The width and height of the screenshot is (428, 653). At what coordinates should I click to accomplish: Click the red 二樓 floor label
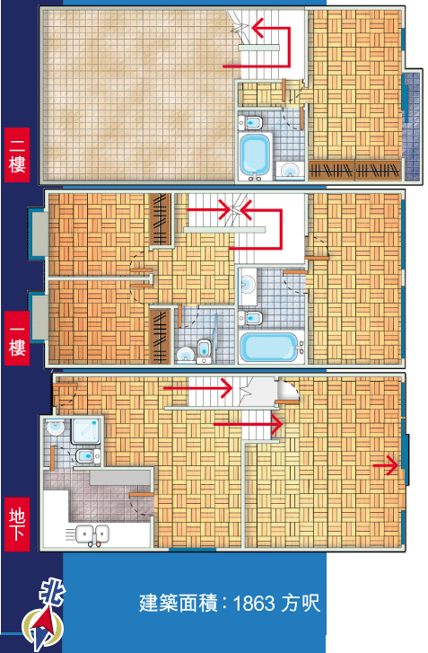tap(17, 154)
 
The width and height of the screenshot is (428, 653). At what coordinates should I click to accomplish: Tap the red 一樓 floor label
tap(17, 338)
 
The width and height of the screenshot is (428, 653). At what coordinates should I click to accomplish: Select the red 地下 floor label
tap(17, 524)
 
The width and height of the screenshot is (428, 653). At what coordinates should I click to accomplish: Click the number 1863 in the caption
tap(254, 603)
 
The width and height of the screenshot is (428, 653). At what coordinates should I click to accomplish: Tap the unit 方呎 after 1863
tap(301, 603)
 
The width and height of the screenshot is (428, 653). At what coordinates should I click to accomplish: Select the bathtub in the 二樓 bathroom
tap(255, 155)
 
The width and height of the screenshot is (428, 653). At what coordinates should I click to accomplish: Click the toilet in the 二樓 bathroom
tap(250, 122)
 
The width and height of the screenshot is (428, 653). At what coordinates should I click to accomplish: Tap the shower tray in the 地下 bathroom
tap(85, 431)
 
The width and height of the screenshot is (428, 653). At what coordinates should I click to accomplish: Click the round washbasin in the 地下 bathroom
tap(55, 428)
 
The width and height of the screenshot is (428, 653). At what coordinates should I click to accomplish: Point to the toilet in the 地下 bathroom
tap(88, 456)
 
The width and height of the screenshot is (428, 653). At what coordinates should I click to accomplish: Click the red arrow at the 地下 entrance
tap(385, 465)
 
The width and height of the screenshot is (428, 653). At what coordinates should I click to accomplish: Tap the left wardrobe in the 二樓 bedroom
tap(331, 170)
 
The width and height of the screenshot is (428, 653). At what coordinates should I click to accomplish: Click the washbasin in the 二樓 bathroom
tap(289, 170)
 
